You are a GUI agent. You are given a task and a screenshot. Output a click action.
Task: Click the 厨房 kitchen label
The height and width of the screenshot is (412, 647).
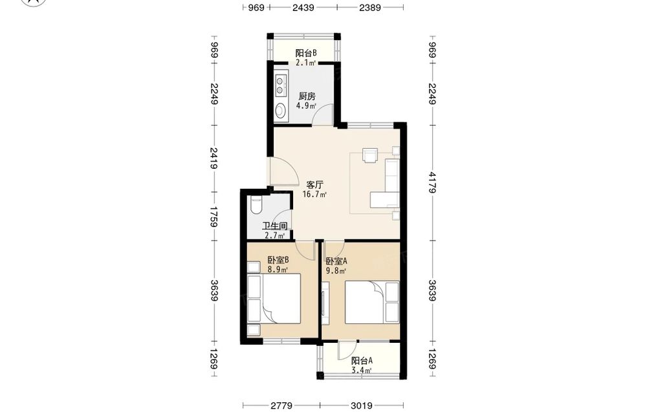click(x=307, y=96)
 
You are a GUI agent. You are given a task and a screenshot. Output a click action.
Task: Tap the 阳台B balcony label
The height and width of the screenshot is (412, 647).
click(x=306, y=53)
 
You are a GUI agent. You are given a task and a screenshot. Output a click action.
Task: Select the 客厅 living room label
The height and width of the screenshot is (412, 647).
click(x=314, y=185)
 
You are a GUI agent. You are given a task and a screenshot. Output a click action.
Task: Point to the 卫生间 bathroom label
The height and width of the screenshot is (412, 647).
click(x=275, y=226)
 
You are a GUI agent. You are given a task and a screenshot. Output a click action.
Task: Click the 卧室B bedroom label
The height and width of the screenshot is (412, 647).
click(x=278, y=260)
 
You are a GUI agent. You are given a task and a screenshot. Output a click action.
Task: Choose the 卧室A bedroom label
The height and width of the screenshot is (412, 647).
click(x=336, y=261)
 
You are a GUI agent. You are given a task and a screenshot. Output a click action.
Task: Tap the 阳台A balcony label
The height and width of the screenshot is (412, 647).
click(x=362, y=360)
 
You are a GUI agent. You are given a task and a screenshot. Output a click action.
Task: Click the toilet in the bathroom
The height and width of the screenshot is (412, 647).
click(x=256, y=205)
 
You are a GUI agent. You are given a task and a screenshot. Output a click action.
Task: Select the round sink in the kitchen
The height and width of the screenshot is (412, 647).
click(x=281, y=110)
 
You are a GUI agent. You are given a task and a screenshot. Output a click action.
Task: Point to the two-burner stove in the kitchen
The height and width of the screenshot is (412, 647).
click(x=281, y=85)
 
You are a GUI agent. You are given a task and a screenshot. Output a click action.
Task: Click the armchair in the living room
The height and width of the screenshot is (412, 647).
click(x=370, y=155)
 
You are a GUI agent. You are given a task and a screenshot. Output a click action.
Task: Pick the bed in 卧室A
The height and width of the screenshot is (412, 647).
click(x=365, y=302)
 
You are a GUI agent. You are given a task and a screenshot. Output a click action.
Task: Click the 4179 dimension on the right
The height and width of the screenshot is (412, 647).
click(x=432, y=182)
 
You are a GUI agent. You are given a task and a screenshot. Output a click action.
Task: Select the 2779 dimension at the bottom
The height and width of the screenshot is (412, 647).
click(x=281, y=406)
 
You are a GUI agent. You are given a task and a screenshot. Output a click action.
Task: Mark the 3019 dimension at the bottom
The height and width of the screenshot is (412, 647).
click(x=362, y=406)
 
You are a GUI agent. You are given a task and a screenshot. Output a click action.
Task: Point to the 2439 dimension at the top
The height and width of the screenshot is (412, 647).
click(x=303, y=7)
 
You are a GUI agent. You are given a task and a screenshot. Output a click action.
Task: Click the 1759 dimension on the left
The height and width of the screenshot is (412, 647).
click(x=214, y=217)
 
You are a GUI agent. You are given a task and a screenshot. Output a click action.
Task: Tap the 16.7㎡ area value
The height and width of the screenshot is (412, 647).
click(x=314, y=195)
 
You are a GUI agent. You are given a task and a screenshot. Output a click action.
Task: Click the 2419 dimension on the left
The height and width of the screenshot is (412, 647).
click(x=214, y=158)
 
